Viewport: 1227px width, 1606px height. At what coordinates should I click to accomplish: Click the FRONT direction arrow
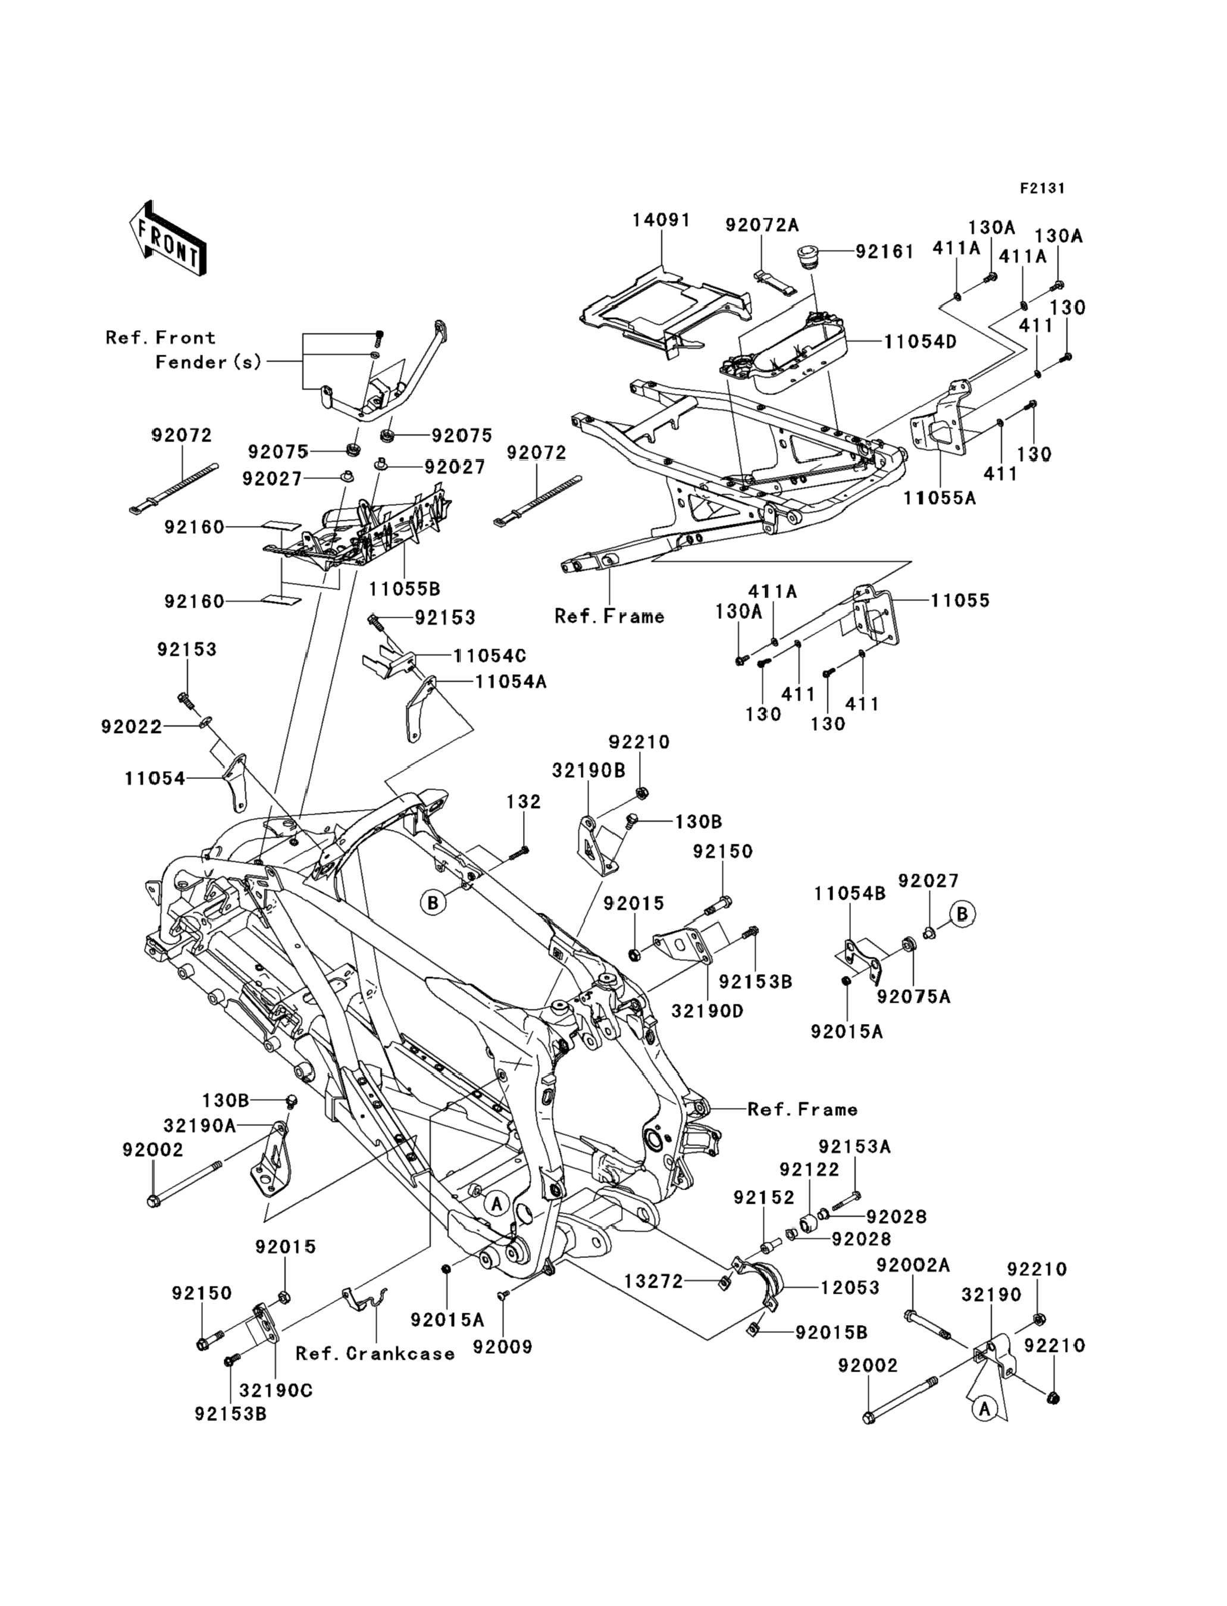point(167,239)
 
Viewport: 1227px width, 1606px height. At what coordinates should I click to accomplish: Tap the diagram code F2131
point(1042,189)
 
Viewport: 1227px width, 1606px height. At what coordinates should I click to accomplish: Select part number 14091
point(661,220)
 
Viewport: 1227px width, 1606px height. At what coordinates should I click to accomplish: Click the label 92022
point(132,727)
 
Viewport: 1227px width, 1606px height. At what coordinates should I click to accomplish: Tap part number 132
point(524,802)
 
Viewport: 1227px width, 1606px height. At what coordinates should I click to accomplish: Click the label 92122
point(809,1170)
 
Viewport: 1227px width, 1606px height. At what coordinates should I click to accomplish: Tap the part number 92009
point(502,1347)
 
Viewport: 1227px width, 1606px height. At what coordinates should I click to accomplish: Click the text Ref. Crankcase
point(375,1353)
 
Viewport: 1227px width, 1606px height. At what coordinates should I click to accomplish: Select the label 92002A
point(913,1265)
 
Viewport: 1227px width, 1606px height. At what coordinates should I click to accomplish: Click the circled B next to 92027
point(963,913)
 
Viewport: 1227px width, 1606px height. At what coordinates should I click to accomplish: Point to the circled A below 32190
point(985,1407)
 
